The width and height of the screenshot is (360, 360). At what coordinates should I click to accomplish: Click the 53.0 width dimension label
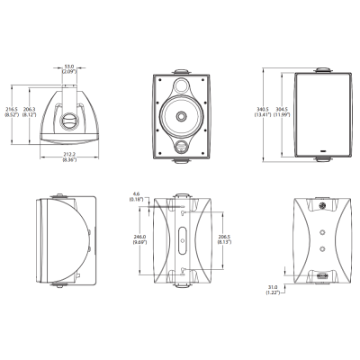[x=68, y=67]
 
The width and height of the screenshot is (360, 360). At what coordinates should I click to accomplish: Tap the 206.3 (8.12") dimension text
[x=29, y=113]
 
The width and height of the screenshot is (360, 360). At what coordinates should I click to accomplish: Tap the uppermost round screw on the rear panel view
[x=322, y=208]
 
